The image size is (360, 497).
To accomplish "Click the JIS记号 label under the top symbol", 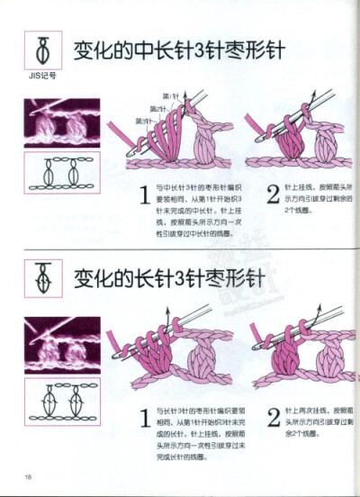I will (42, 76).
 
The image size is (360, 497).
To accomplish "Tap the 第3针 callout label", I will (144, 120).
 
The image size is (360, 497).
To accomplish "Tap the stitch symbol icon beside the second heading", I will (42, 273).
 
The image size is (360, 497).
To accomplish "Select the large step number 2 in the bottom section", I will (274, 418).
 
